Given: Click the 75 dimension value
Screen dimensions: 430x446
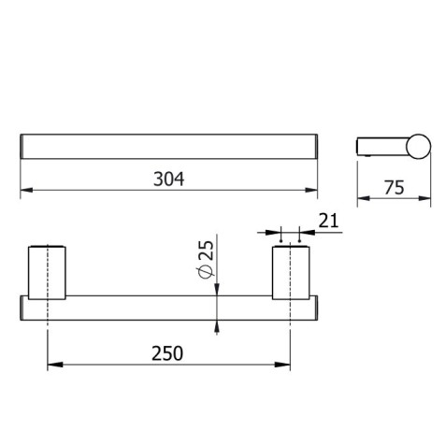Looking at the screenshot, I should (x=393, y=187).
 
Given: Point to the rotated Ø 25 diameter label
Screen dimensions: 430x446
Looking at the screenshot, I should (x=207, y=258).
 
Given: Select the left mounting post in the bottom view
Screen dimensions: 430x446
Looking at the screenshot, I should (x=47, y=272).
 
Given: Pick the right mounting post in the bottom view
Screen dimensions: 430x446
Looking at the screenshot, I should (x=290, y=272).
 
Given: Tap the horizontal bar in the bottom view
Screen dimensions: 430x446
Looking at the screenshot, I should (x=168, y=308).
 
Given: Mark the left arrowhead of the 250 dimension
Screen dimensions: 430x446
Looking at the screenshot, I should (x=52, y=365).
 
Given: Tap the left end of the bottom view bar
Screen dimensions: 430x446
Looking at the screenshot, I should (x=22, y=308).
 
